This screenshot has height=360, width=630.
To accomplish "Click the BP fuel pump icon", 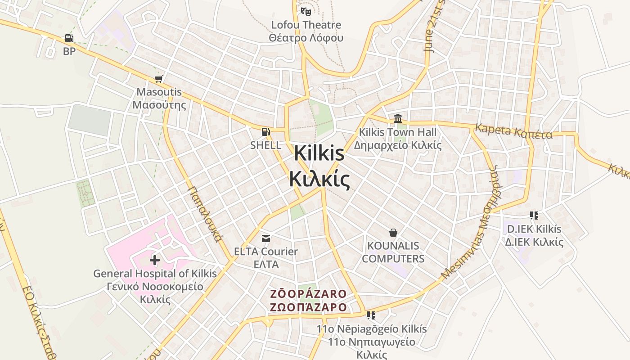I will (x=69, y=39).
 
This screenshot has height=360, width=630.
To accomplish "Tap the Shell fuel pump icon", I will (x=266, y=132).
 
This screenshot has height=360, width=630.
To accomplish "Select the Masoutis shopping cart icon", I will (x=158, y=79).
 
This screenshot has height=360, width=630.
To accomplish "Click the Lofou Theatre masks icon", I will (x=306, y=11).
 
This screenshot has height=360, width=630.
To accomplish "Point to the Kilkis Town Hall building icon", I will (x=398, y=119).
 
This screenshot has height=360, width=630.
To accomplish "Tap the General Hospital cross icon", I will (x=155, y=260).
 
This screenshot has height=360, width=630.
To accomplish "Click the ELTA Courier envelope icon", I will (x=266, y=238).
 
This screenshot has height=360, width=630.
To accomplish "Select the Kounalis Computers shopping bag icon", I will (x=393, y=233).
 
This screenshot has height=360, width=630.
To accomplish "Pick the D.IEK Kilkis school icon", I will (x=534, y=216).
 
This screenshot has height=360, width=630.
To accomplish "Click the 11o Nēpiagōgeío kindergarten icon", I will (x=371, y=315).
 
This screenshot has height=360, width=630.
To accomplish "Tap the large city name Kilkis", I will (x=319, y=154).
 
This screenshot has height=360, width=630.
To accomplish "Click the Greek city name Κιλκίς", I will (x=319, y=179).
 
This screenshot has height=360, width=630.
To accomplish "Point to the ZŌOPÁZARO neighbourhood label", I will (x=308, y=294).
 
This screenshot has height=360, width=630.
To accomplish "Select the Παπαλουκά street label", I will (x=204, y=214).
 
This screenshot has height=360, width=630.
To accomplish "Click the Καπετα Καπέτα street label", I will (x=513, y=132).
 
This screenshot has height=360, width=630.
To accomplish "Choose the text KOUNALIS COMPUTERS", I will (x=393, y=252).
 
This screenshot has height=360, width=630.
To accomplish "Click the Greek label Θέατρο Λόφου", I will (x=306, y=38).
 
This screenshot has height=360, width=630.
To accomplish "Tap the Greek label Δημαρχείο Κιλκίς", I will (x=398, y=145).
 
